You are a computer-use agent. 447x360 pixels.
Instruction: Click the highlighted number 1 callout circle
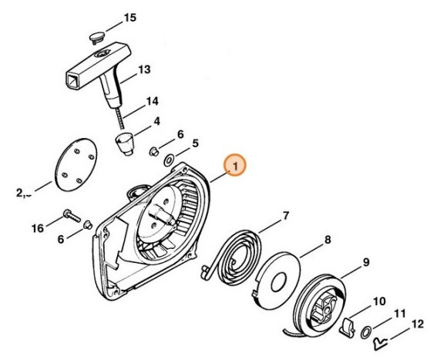point(235,165)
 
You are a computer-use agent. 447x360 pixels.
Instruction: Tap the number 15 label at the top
point(129,17)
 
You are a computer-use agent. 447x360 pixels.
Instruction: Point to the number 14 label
point(152,101)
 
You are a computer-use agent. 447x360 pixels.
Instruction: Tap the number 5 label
point(196,143)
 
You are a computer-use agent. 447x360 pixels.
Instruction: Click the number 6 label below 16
point(62,240)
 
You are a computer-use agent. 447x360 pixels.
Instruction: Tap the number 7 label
point(285,215)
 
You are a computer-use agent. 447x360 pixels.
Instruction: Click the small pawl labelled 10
point(348,327)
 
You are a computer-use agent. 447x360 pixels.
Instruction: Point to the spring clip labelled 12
point(380,337)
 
